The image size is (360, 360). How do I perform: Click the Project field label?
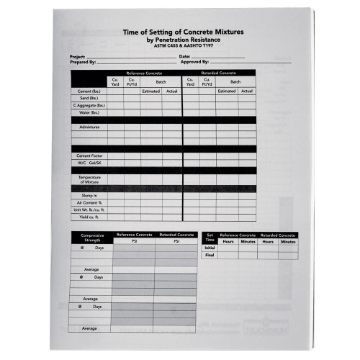77,56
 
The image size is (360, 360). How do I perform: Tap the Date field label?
184,56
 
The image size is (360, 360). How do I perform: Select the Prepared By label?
82,62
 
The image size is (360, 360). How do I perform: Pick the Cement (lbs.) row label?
89,91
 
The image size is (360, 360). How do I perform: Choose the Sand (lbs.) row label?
89,99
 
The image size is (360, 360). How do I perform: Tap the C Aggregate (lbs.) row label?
89,106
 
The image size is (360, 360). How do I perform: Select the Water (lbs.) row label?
89,112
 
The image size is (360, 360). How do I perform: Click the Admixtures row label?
89,127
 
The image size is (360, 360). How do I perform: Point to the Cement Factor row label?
89,156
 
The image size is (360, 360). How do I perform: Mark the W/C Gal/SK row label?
89,163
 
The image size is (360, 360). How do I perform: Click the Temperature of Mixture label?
89,179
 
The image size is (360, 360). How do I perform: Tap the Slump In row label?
89,194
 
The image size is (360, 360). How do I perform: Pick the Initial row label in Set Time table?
210,248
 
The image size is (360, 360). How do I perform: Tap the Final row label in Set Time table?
210,255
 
